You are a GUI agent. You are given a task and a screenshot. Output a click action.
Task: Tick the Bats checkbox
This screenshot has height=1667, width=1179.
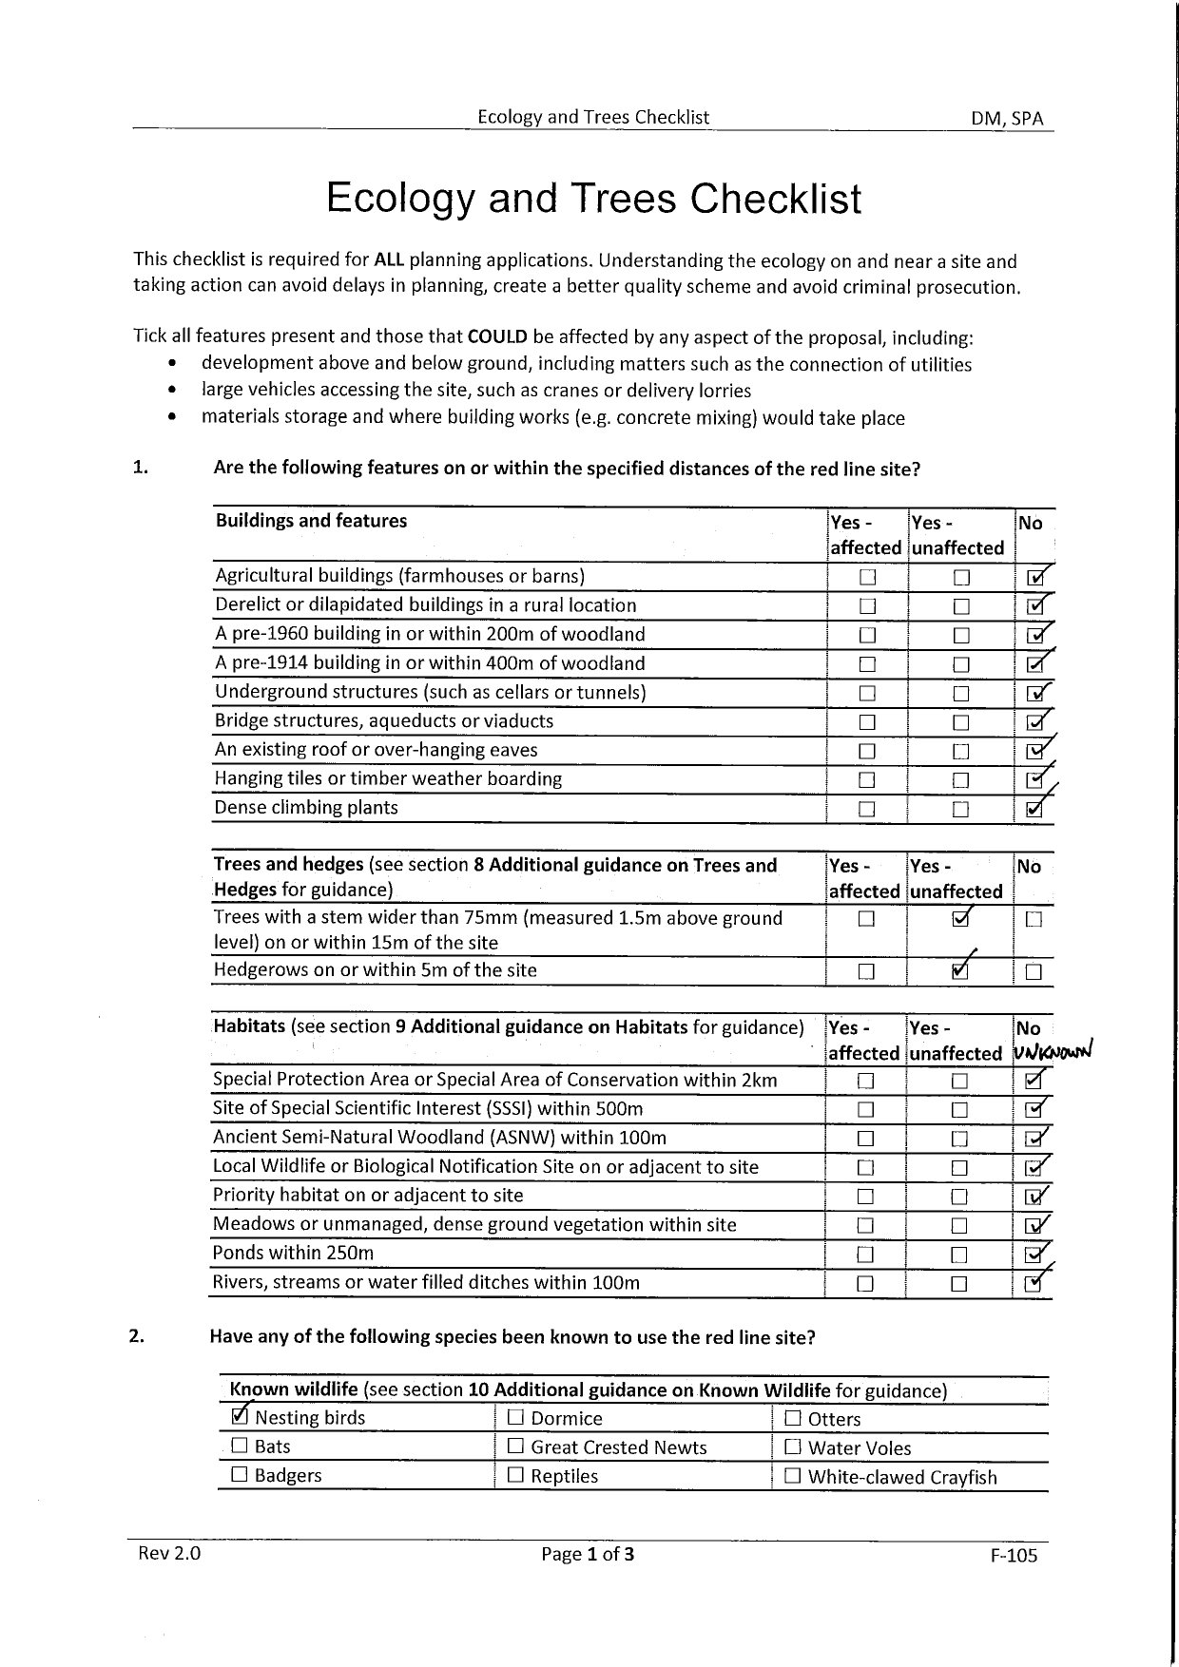pos(240,1446)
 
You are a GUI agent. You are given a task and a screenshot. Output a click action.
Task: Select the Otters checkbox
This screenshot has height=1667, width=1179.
pos(793,1418)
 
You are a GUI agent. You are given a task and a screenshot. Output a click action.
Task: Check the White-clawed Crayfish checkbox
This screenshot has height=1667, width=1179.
pos(793,1476)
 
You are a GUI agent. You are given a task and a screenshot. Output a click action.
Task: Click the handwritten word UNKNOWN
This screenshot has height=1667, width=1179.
pos(1053,1052)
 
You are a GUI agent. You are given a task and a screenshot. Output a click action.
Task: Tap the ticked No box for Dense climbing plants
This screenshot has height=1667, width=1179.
pos(1036,810)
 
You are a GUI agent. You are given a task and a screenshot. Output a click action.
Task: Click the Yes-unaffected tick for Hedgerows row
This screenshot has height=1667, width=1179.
pos(960,970)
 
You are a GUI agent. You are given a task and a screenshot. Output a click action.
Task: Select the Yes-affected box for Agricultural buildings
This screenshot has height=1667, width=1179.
pos(866,578)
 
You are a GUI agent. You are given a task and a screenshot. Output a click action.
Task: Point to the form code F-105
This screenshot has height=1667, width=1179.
pos(1014,1556)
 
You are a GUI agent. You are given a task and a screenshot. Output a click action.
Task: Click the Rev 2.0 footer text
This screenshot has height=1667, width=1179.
pos(169,1553)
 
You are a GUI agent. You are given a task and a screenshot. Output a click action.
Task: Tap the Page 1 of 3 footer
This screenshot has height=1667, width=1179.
pos(588,1554)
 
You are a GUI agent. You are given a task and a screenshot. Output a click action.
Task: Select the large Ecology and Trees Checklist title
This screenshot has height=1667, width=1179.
pos(593,199)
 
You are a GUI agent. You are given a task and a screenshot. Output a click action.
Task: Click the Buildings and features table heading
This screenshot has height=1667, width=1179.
pos(311,521)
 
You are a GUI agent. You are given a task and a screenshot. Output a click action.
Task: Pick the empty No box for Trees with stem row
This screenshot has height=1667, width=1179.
pos(1034,920)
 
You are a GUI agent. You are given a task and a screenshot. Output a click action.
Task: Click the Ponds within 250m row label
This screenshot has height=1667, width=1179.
pos(293,1253)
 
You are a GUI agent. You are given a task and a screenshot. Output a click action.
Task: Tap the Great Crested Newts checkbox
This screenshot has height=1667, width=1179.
pos(515,1447)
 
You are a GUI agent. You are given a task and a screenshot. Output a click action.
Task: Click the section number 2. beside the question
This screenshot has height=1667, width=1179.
pos(137,1336)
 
